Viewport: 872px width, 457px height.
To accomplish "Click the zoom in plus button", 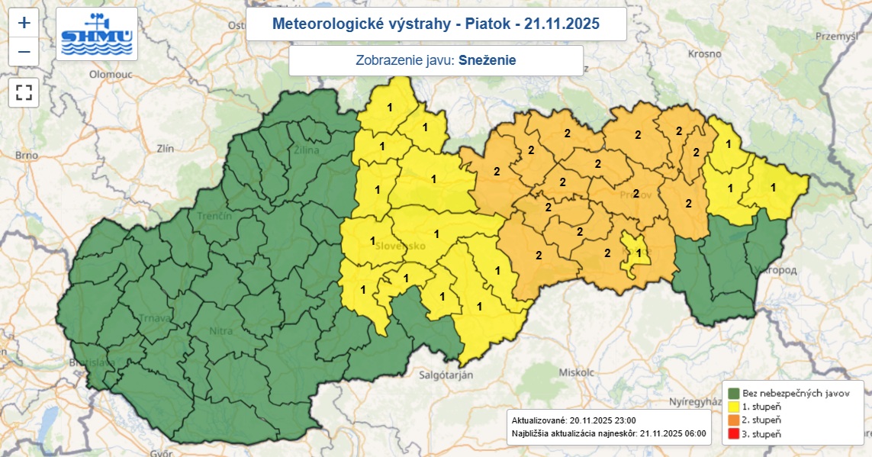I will tap(24, 22).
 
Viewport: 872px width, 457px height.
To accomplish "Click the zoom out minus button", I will tap(24, 51).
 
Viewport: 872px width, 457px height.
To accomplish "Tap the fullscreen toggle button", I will tap(24, 93).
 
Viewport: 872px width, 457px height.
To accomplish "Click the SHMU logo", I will tap(97, 34).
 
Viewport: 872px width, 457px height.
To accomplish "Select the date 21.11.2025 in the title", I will tap(561, 24).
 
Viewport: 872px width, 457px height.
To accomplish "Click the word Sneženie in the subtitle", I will tap(492, 61).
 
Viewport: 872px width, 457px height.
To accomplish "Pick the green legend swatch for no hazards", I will tap(733, 393).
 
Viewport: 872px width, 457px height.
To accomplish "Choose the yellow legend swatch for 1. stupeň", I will tap(733, 407).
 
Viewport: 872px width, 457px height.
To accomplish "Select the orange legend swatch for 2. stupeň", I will tap(733, 420).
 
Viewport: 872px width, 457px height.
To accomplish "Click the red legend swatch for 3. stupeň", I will tap(733, 434).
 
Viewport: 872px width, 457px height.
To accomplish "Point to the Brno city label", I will tap(26, 155).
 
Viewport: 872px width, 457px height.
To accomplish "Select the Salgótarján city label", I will tap(446, 375).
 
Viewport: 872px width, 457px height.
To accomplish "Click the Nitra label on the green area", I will tap(220, 331).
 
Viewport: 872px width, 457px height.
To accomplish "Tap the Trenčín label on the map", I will tap(214, 217).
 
